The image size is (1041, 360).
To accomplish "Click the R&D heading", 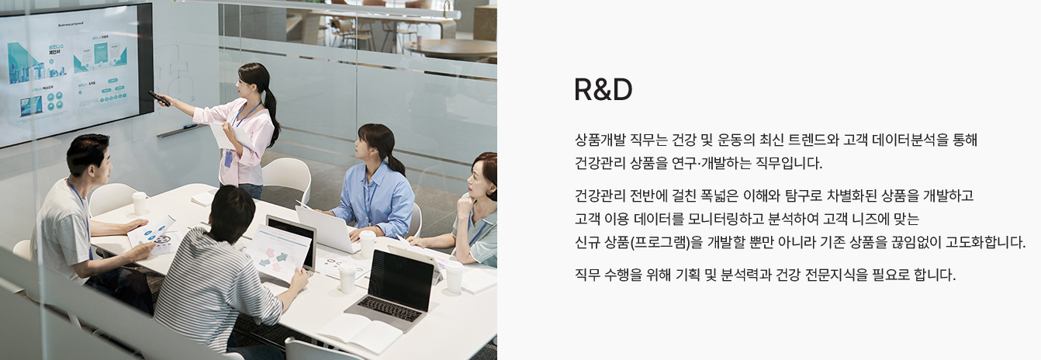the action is [x=604, y=89].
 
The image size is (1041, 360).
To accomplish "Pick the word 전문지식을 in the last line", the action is [x=836, y=275].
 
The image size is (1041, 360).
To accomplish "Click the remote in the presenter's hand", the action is [x=158, y=98].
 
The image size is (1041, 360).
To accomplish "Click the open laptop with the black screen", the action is [x=396, y=289].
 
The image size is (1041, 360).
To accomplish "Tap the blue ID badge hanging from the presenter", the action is [x=228, y=158].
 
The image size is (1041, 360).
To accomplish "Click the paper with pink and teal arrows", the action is [x=278, y=254].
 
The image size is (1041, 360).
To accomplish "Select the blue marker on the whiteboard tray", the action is [x=191, y=126].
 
